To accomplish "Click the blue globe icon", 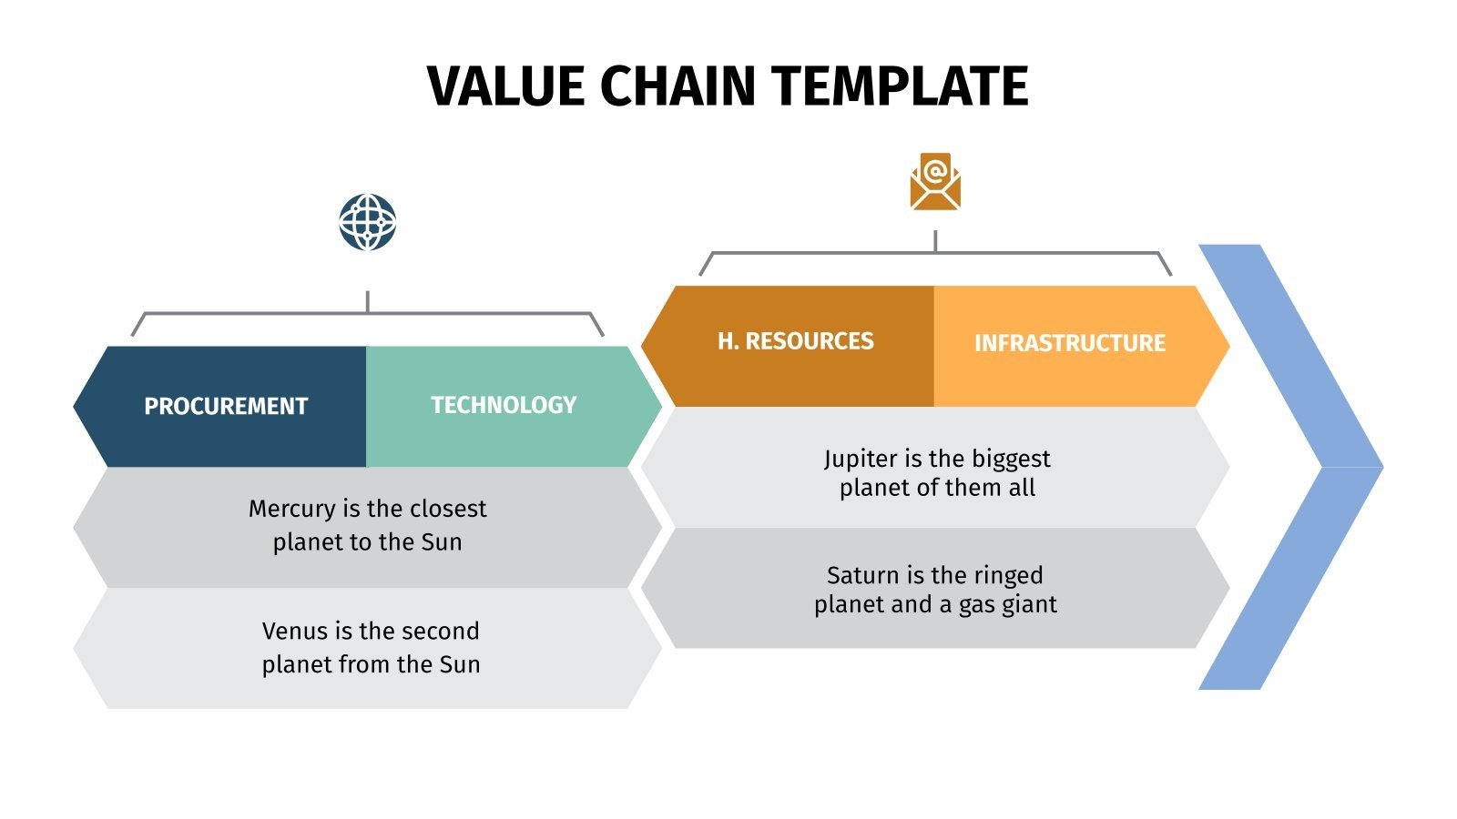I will tap(367, 222).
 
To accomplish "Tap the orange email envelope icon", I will tap(935, 182).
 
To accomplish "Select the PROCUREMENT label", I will tap(226, 406).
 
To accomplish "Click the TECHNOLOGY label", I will tap(504, 405).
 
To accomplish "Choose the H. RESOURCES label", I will tap(795, 341).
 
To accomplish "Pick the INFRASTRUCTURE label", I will tap(1069, 343).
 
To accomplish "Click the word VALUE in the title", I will tap(505, 87).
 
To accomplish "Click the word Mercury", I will tap(291, 509).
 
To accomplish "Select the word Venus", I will tap(293, 631).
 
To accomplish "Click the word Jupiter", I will tap(860, 459).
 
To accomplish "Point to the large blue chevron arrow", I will tap(1311, 466).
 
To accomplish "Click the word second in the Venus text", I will tap(440, 631).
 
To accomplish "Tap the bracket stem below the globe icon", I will tap(367, 302).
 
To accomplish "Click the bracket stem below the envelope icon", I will tap(935, 241).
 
